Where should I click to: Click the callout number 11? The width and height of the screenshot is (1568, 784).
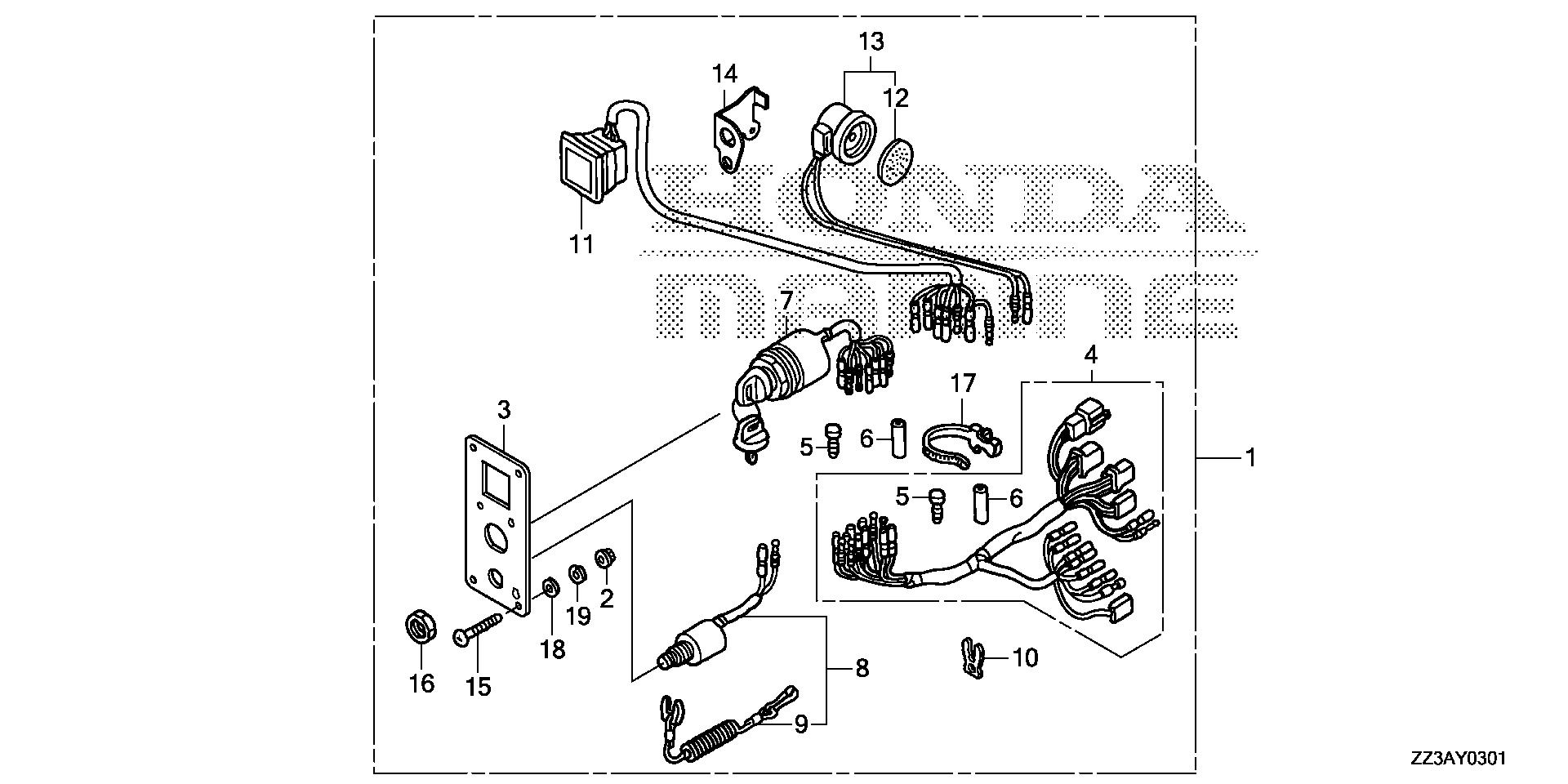pos(581,243)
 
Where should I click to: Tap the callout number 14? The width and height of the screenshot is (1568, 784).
pos(724,73)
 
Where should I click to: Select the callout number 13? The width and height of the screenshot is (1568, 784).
pos(871,40)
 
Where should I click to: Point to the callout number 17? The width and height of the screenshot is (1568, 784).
pos(963,382)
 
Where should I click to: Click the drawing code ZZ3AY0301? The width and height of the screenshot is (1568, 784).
pos(1457,759)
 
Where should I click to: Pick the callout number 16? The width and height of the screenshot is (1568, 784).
pos(421,683)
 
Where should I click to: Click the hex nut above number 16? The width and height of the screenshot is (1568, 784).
pos(421,629)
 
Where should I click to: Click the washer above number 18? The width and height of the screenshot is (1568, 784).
pos(550,587)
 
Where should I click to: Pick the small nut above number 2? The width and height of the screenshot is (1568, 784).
pos(606,559)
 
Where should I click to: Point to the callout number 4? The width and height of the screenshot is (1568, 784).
pos(1090,355)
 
